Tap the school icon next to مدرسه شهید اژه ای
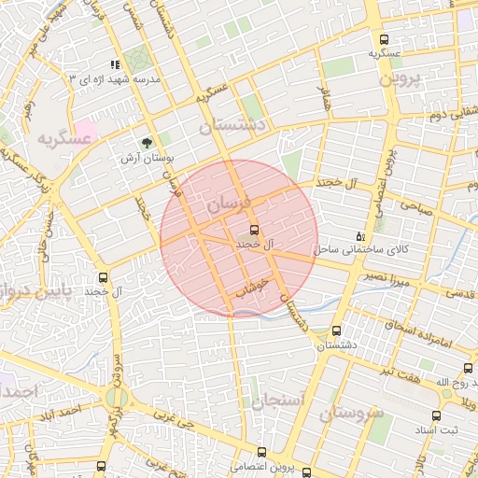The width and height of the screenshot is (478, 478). (x=115, y=65)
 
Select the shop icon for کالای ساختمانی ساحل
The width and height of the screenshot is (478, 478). (x=361, y=235)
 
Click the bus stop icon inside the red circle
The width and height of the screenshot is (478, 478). (x=254, y=230)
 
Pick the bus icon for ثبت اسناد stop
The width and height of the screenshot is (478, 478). (x=436, y=415)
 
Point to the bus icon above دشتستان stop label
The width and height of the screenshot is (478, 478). (x=336, y=330)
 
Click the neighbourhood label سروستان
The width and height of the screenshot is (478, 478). (x=350, y=412)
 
